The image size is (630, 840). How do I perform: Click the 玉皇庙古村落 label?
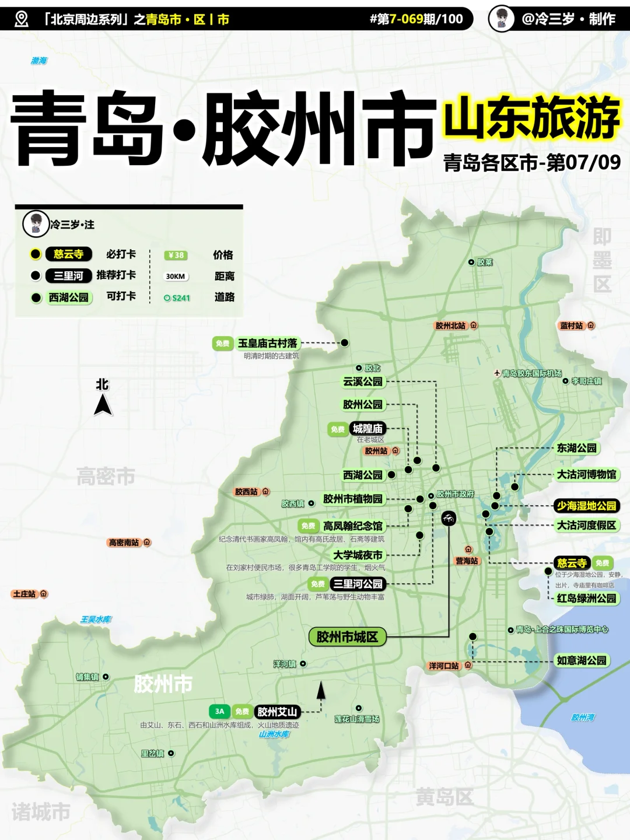(x=268, y=344)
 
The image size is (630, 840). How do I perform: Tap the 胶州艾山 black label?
(x=278, y=712)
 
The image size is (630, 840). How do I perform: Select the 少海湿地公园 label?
(x=586, y=506)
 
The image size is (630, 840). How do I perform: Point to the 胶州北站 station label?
(x=451, y=325)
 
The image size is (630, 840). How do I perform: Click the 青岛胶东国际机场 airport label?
(x=531, y=373)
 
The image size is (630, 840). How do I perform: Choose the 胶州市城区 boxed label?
(x=347, y=637)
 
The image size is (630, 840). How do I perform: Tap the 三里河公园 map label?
(x=358, y=584)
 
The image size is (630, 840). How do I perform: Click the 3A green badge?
(x=219, y=711)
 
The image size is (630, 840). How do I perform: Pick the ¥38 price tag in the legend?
(x=176, y=255)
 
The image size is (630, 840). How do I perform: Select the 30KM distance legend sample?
(x=176, y=276)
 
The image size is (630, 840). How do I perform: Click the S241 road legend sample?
(x=177, y=298)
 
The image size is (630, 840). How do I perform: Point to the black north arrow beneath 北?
(x=103, y=405)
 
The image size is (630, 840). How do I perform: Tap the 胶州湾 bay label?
(x=583, y=717)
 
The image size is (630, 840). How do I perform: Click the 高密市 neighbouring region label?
(x=106, y=477)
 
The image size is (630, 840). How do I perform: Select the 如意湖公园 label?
(x=582, y=660)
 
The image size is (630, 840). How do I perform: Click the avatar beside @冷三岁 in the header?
(x=501, y=19)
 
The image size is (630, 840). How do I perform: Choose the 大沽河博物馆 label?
(x=586, y=475)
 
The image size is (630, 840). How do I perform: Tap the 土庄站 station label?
(x=24, y=594)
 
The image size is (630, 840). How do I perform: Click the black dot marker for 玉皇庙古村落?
(x=345, y=343)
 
